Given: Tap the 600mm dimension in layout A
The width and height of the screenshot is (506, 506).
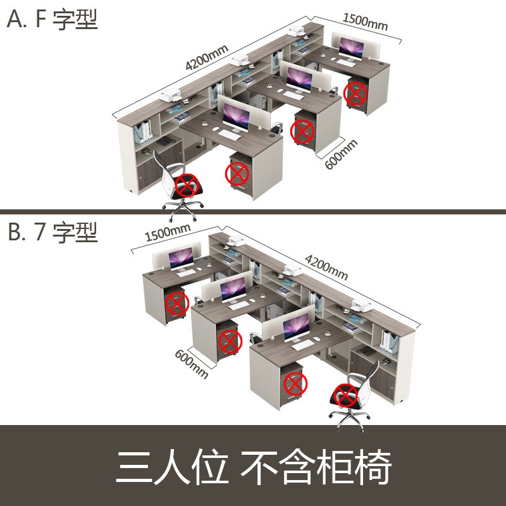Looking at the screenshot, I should click(x=341, y=154).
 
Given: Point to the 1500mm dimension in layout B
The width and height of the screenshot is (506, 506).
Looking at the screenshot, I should click(x=168, y=233).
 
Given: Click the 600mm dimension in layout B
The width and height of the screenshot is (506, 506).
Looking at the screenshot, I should click(x=191, y=364).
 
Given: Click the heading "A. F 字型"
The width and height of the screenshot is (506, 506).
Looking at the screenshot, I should click(x=52, y=20).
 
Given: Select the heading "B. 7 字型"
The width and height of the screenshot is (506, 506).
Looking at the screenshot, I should click(x=52, y=232).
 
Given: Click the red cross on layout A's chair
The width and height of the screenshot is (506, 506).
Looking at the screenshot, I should click(x=187, y=185).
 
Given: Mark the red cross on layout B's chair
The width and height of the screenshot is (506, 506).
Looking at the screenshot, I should click(x=345, y=395).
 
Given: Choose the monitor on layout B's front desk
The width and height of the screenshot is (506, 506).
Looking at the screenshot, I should click(x=296, y=328).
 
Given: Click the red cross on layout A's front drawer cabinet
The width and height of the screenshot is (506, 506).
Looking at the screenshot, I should click(x=237, y=172).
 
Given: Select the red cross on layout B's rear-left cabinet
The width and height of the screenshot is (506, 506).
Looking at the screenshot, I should click(x=176, y=303).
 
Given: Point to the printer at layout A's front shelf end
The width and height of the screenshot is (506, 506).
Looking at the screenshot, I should click(x=171, y=97).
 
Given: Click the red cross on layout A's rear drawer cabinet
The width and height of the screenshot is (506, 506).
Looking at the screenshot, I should click(x=355, y=94).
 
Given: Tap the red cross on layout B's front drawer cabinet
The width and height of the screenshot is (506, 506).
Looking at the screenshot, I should click(x=295, y=383).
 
